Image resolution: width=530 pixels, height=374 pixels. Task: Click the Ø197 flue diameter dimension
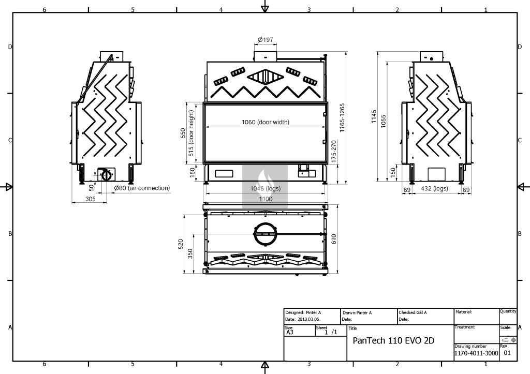[266, 39]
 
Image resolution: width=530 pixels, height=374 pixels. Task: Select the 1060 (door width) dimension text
[266, 122]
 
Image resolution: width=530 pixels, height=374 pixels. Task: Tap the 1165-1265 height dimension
[342, 117]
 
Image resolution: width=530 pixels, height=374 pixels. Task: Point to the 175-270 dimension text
[334, 152]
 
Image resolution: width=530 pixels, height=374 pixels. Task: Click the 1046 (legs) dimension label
[266, 188]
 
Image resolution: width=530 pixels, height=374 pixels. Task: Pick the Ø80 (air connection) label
[142, 188]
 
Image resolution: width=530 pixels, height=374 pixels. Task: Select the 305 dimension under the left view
[90, 199]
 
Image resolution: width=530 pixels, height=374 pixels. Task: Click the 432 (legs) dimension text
[434, 188]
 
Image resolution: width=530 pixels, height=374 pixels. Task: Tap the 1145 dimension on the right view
[374, 116]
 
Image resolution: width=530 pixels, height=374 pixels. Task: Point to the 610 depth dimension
[334, 239]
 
